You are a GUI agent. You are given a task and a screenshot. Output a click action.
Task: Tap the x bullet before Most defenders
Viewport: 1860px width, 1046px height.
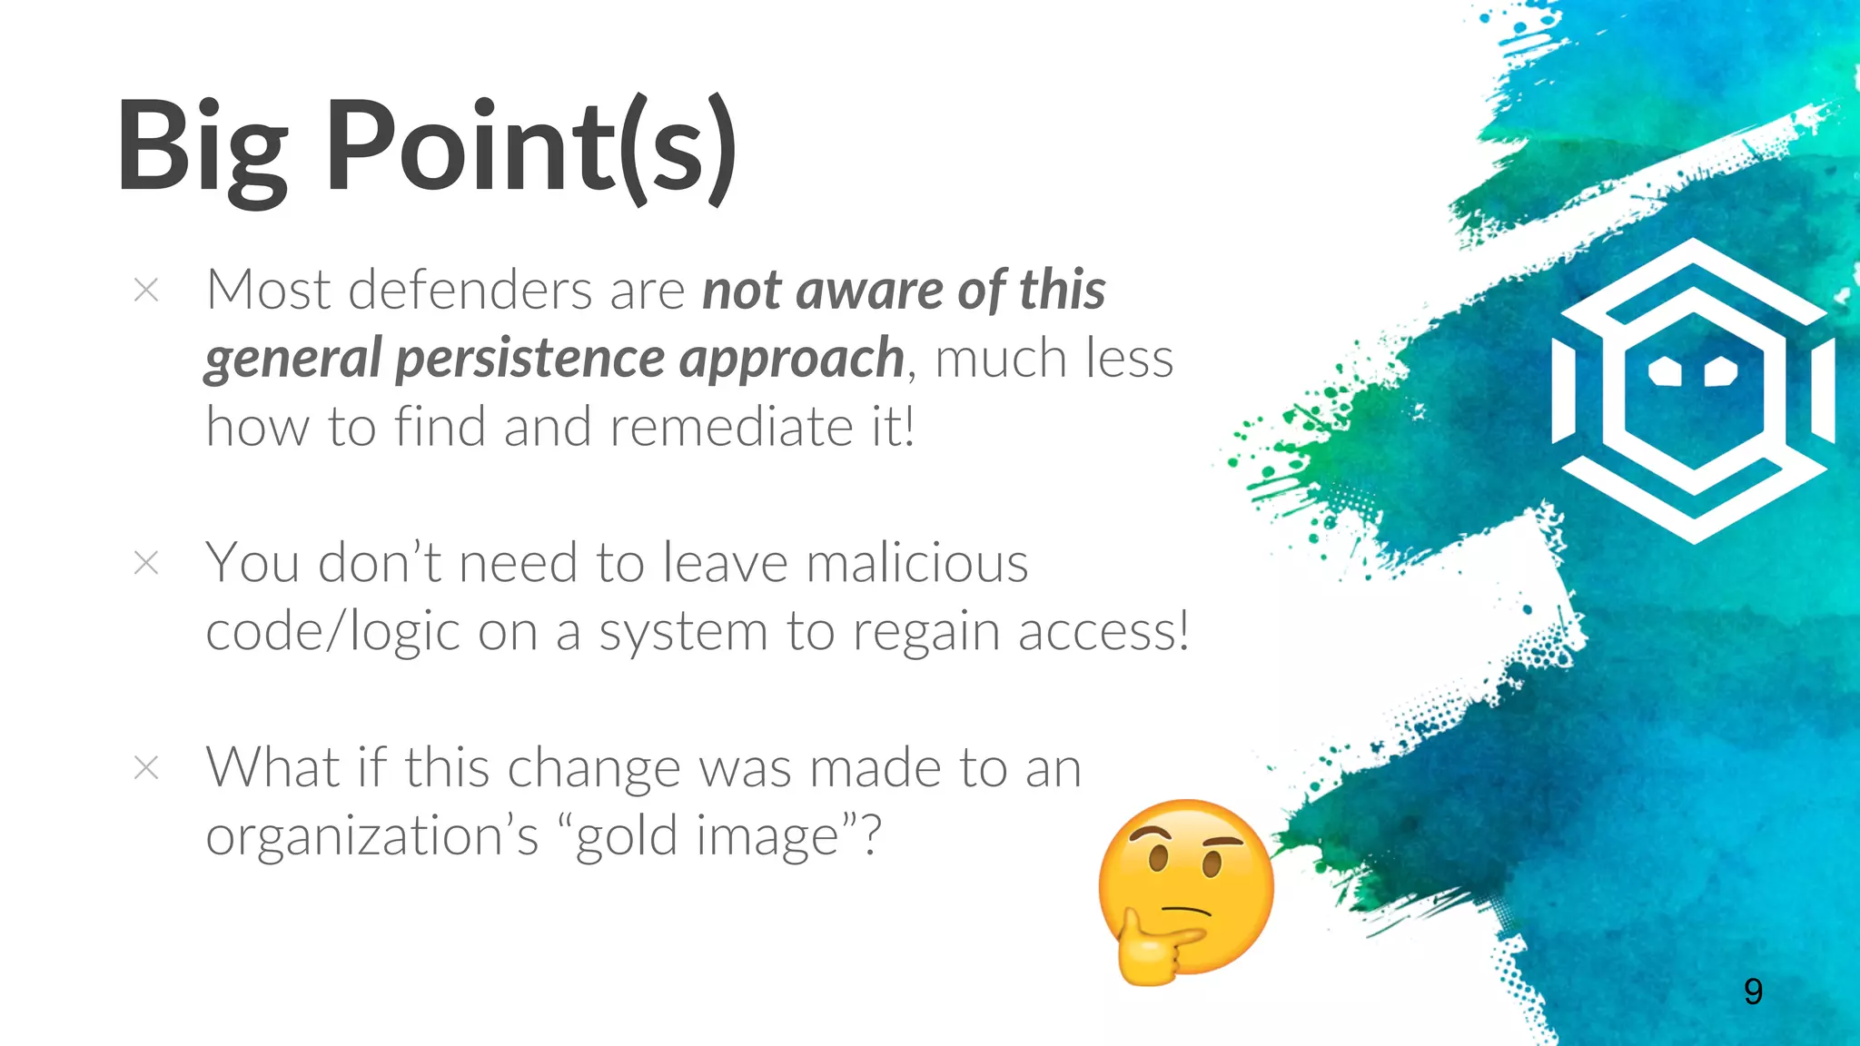146,291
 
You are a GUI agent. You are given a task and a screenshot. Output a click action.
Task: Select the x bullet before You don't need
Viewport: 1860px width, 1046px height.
146,563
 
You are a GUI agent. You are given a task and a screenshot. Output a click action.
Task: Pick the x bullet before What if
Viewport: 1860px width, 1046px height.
146,768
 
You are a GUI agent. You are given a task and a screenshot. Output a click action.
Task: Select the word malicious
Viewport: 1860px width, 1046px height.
917,563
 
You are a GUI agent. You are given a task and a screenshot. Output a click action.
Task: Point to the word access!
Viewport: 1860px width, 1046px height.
1103,632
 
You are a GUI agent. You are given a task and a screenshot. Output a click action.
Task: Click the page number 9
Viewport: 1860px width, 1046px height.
1753,992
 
